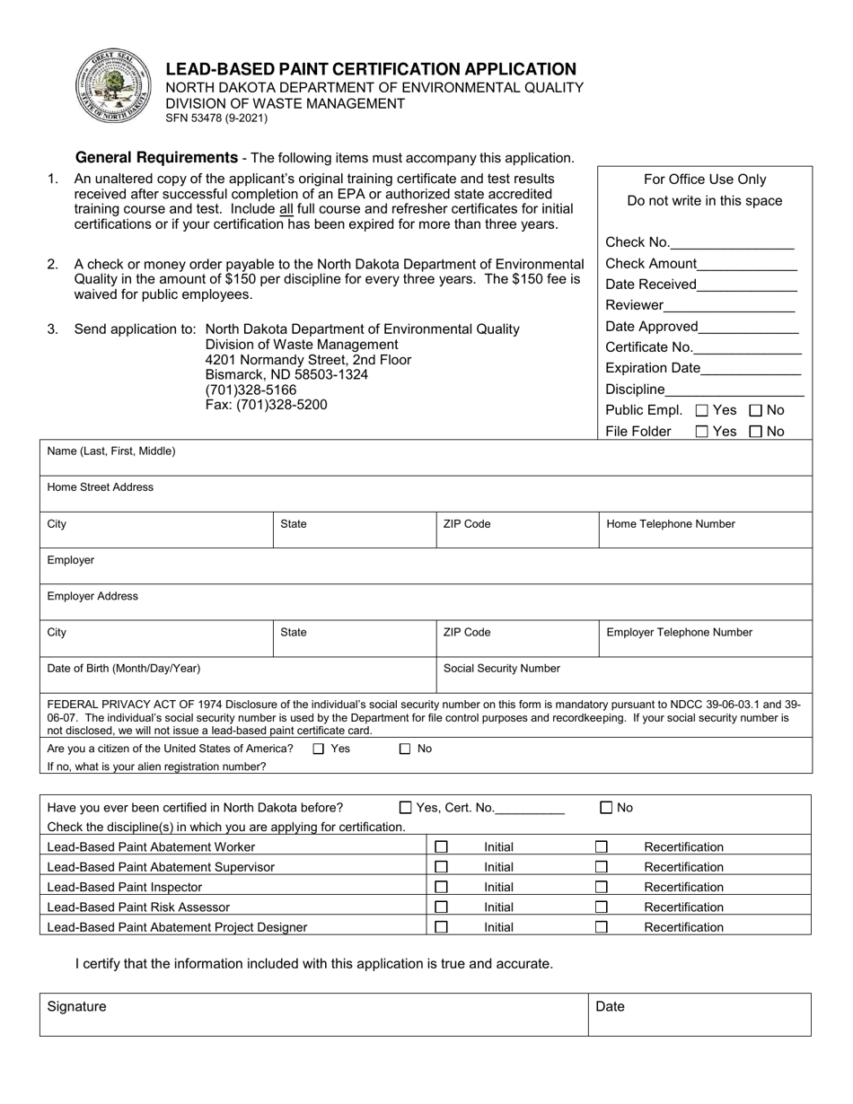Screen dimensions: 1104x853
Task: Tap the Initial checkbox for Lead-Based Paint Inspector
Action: (x=441, y=887)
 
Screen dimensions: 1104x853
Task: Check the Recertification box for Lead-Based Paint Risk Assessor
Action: (x=602, y=907)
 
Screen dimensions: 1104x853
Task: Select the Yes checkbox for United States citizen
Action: (x=319, y=749)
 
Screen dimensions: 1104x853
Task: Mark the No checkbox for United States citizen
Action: (x=405, y=749)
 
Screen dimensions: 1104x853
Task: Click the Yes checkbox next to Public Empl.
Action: (x=702, y=410)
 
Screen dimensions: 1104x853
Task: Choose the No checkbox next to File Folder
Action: (x=755, y=431)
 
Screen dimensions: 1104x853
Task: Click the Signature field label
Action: (x=76, y=1007)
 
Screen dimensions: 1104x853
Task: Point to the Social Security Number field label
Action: (x=501, y=668)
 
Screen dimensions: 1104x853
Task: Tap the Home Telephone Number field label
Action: (x=670, y=523)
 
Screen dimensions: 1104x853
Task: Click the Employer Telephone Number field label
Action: (x=679, y=632)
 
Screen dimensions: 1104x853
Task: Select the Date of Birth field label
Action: (x=123, y=668)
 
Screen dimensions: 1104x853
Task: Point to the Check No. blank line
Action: (x=732, y=242)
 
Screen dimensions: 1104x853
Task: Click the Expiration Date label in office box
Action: (x=652, y=368)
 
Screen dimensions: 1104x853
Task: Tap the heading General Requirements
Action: (x=156, y=157)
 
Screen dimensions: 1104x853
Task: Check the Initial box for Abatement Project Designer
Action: (x=441, y=926)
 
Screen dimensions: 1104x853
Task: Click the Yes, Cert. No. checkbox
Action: (x=405, y=807)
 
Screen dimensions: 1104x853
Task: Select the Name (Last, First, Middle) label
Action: (x=111, y=451)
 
